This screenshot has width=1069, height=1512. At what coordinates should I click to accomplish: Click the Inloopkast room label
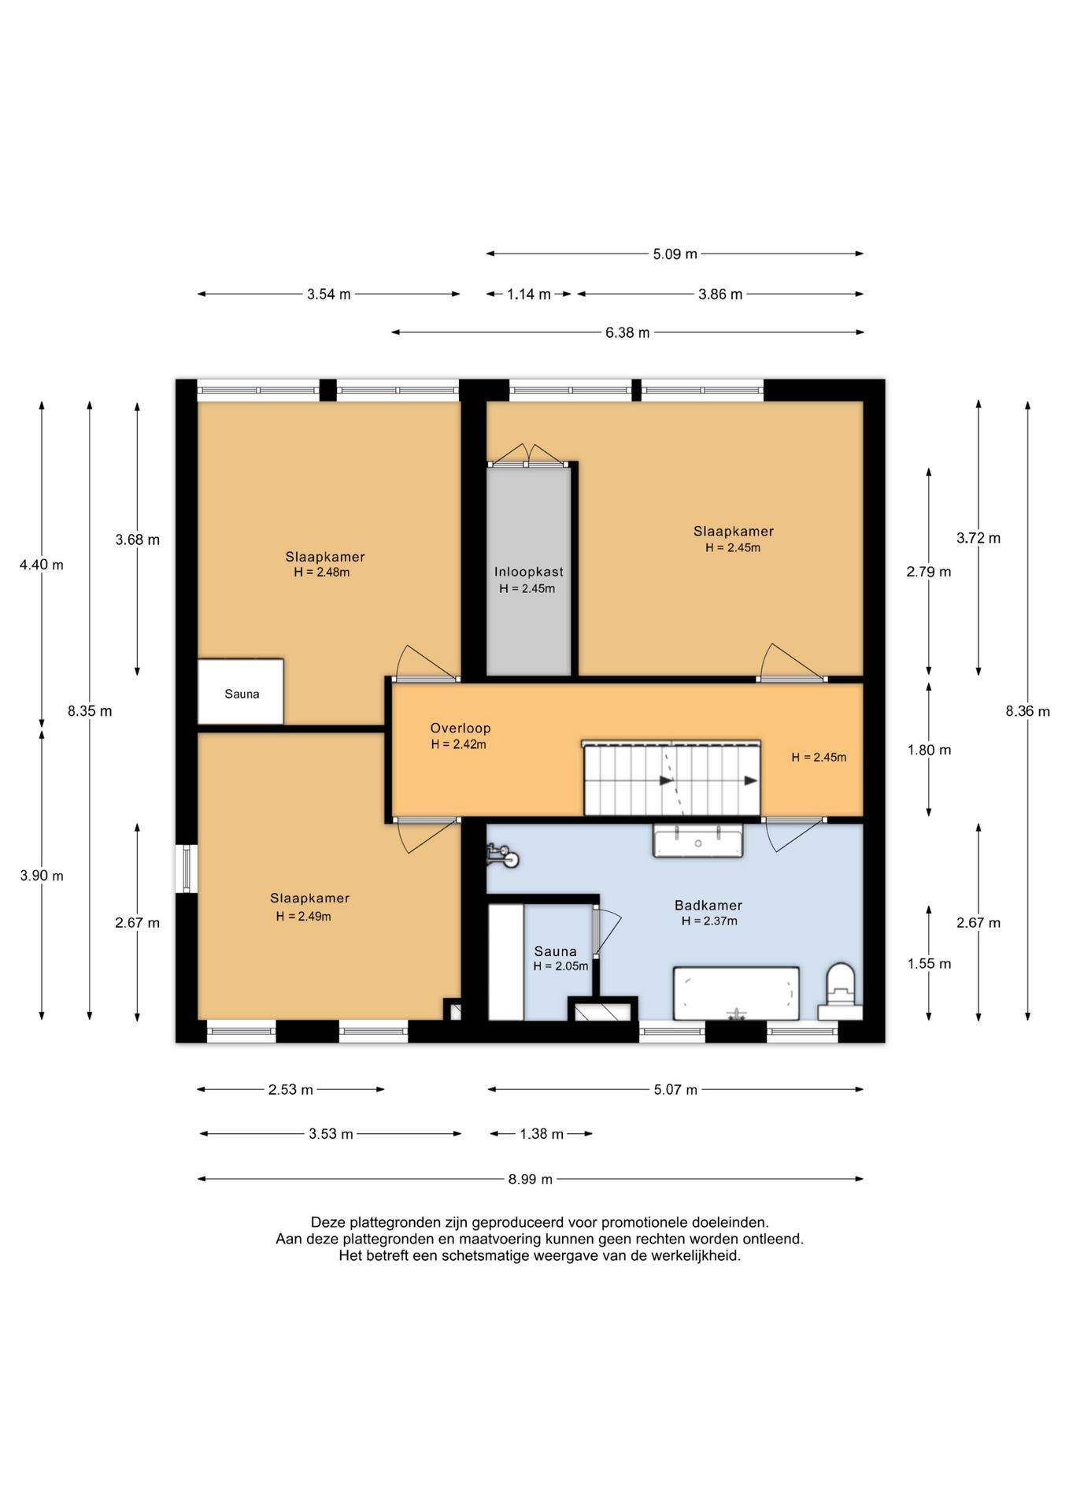pyautogui.click(x=529, y=572)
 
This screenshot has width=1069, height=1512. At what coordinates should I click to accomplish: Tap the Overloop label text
pyautogui.click(x=461, y=728)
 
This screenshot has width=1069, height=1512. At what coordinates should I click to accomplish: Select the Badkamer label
pyautogui.click(x=708, y=906)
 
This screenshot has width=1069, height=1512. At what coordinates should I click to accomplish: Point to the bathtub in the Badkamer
pyautogui.click(x=736, y=994)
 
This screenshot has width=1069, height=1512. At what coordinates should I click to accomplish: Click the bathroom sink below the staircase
pyautogui.click(x=697, y=841)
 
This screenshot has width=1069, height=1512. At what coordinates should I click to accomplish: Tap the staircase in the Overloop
pyautogui.click(x=671, y=778)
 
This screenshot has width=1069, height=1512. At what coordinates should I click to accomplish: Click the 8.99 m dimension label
pyautogui.click(x=531, y=1179)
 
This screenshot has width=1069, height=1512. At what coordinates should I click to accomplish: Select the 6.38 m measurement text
pyautogui.click(x=627, y=332)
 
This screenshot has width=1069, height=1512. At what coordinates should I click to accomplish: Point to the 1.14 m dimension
pyautogui.click(x=529, y=295)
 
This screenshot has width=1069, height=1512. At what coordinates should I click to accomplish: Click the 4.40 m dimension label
pyautogui.click(x=42, y=565)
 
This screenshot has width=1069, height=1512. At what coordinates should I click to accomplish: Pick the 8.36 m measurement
pyautogui.click(x=1027, y=711)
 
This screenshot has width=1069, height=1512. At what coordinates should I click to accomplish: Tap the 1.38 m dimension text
pyautogui.click(x=542, y=1134)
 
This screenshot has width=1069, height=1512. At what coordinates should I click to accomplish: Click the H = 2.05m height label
pyautogui.click(x=560, y=966)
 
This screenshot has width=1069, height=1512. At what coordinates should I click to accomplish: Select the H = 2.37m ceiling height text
pyautogui.click(x=709, y=921)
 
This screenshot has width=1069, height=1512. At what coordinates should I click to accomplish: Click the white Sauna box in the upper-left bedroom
pyautogui.click(x=240, y=691)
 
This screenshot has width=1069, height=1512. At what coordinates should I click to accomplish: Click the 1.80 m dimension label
pyautogui.click(x=929, y=750)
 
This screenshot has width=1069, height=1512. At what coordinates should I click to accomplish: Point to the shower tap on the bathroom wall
pyautogui.click(x=502, y=855)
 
